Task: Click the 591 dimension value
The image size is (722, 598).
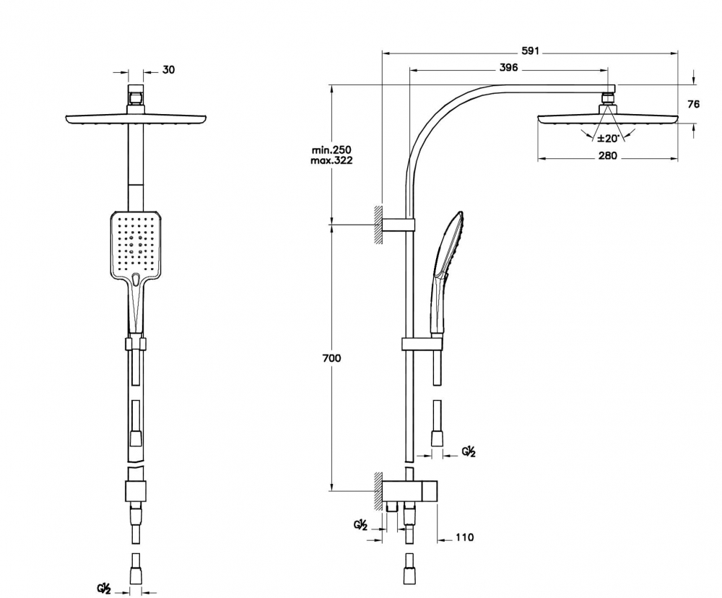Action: tap(530, 52)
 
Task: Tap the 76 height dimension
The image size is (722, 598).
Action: tap(693, 104)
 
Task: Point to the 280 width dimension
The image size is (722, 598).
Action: tap(608, 157)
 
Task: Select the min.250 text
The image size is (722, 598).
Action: tap(331, 149)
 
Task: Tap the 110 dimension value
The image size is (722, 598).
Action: tap(464, 537)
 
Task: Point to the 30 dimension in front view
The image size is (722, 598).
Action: tap(168, 69)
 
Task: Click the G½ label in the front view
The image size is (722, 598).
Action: tap(104, 588)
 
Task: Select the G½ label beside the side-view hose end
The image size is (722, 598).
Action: tap(469, 452)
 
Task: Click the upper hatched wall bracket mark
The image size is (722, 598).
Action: tap(378, 225)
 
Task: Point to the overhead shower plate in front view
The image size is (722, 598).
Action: tap(137, 118)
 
